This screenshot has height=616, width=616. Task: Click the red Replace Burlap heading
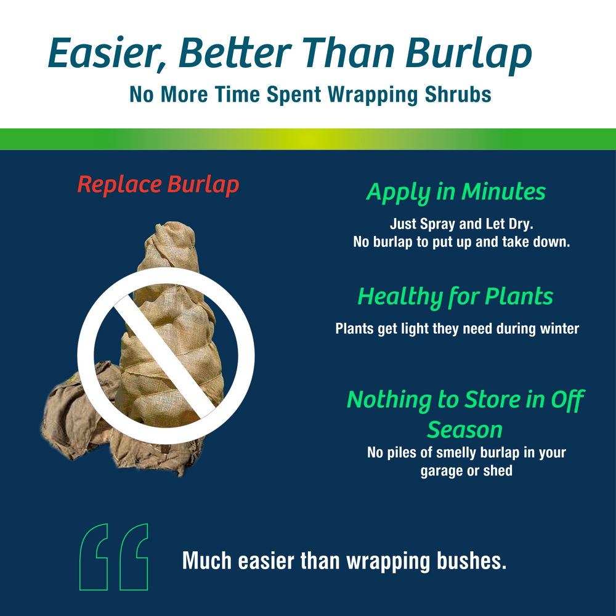pos(158,185)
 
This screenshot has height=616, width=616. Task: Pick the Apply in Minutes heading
pos(456,192)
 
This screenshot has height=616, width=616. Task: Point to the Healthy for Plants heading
pos(455,297)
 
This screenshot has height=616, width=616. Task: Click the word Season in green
pos(465,429)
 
